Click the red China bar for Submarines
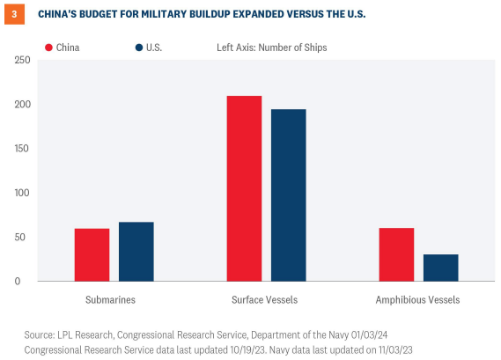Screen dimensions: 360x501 [x=92, y=254]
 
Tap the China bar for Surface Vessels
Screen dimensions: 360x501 [x=244, y=188]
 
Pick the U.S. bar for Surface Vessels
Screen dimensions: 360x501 [x=288, y=195]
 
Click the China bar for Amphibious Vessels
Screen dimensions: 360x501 [x=396, y=254]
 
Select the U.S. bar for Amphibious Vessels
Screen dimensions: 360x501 [x=440, y=268]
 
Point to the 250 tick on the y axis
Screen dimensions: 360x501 [x=22, y=60]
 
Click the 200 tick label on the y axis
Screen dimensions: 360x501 [x=22, y=104]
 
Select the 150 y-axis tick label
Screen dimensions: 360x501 [x=22, y=149]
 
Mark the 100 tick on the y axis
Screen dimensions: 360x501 [x=22, y=193]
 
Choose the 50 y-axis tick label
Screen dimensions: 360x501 [x=25, y=238]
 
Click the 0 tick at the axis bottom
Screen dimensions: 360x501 [x=27, y=282]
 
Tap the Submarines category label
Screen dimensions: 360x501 [x=110, y=300]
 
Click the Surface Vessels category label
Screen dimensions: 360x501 [x=265, y=300]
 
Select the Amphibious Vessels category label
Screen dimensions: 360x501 [x=418, y=300]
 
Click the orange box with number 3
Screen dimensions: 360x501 [x=15, y=14]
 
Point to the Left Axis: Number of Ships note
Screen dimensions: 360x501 [x=272, y=48]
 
